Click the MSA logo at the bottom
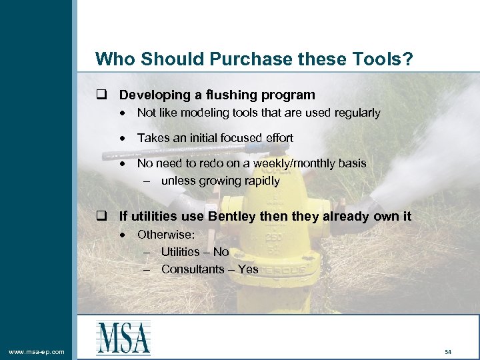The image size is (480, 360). (123, 337)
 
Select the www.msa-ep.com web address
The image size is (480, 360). (36, 351)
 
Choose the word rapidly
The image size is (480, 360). (258, 181)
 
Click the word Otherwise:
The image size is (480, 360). (165, 234)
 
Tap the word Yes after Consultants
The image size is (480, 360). (248, 269)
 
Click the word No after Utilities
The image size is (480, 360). (221, 252)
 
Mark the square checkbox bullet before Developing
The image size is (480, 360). (101, 95)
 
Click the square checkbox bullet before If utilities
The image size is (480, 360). (101, 216)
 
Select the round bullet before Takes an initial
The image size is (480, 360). (125, 138)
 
